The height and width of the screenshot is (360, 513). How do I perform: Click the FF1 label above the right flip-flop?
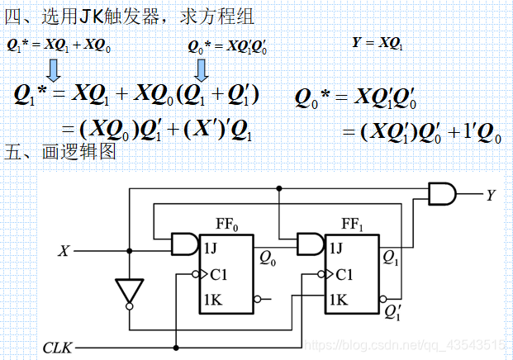(351, 224)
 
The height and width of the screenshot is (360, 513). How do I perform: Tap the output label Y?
(491, 196)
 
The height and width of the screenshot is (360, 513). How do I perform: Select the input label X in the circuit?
(63, 249)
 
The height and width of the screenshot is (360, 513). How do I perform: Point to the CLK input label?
(58, 348)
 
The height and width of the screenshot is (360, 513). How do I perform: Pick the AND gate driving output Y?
(442, 195)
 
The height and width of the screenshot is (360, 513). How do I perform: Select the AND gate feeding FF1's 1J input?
(310, 244)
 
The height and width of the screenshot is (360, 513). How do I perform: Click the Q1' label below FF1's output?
(393, 313)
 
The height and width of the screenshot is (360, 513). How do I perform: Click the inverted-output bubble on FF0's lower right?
(255, 299)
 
